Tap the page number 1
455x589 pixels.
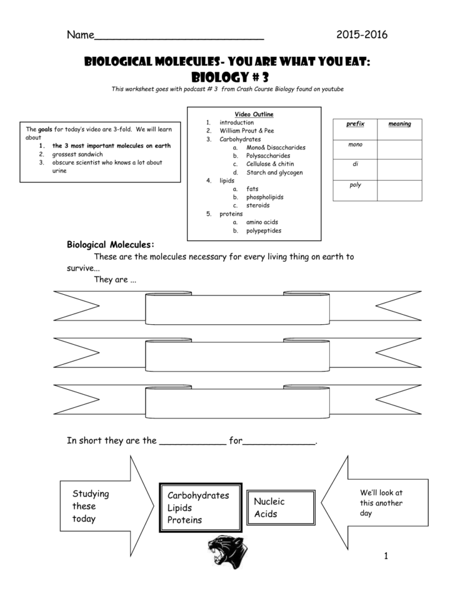[x=387, y=555]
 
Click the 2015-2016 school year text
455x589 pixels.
[x=361, y=34]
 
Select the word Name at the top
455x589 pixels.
[x=80, y=35]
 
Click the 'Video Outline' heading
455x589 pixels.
[x=254, y=114]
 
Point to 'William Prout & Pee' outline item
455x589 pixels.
[x=246, y=131]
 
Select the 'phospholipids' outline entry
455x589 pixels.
[x=264, y=197]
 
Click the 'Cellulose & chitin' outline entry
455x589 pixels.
[x=270, y=164]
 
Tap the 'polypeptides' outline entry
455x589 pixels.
[x=263, y=230]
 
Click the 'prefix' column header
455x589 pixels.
[x=355, y=124]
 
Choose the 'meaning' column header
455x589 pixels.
[x=399, y=124]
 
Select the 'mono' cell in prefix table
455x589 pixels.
[x=355, y=145]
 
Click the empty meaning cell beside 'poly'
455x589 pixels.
[x=399, y=190]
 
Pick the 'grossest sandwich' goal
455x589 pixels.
[x=78, y=154]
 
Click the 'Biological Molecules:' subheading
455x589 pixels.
[x=110, y=244]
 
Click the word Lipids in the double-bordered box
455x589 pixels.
[x=180, y=508]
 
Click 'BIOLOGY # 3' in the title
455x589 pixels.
[x=227, y=77]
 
